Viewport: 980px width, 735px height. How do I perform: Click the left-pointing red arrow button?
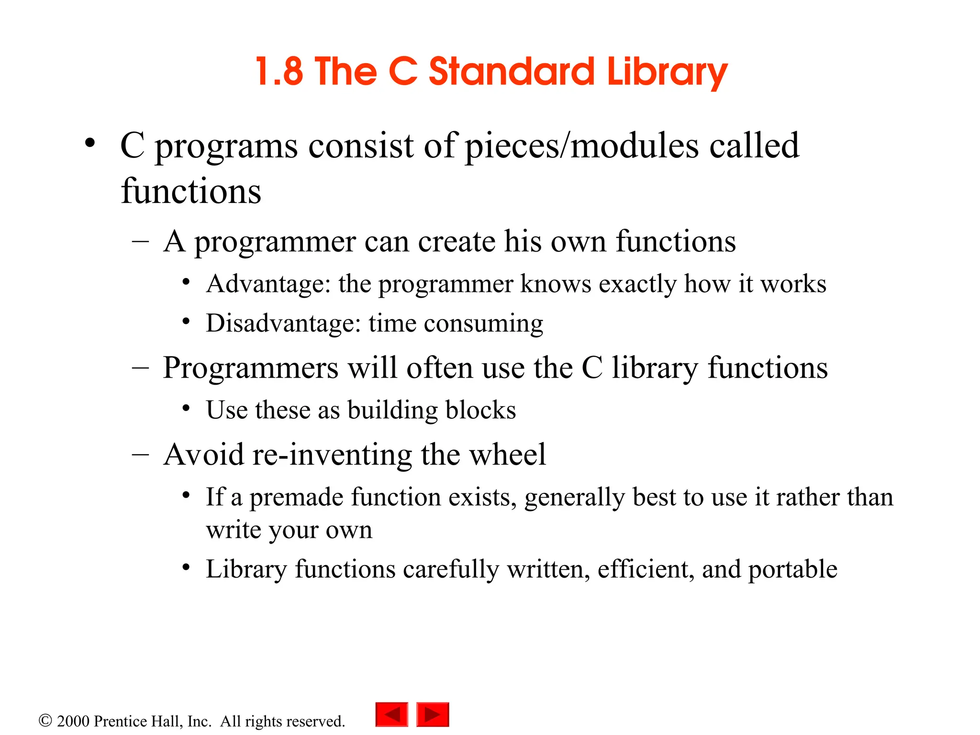(392, 714)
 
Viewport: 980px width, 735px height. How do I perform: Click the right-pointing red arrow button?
(433, 714)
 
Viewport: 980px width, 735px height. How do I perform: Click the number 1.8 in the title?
(279, 72)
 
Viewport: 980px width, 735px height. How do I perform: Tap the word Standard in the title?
(511, 72)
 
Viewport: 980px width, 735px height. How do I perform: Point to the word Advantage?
(268, 284)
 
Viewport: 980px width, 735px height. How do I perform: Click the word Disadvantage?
(283, 323)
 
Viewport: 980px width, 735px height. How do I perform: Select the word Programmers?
(251, 368)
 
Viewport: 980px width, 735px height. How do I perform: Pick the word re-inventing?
(332, 455)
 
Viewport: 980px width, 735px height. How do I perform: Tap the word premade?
(296, 498)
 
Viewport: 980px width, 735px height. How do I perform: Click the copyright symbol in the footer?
(45, 721)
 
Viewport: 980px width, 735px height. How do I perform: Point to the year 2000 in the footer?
(73, 721)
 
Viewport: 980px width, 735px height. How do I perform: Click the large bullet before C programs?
(89, 143)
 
